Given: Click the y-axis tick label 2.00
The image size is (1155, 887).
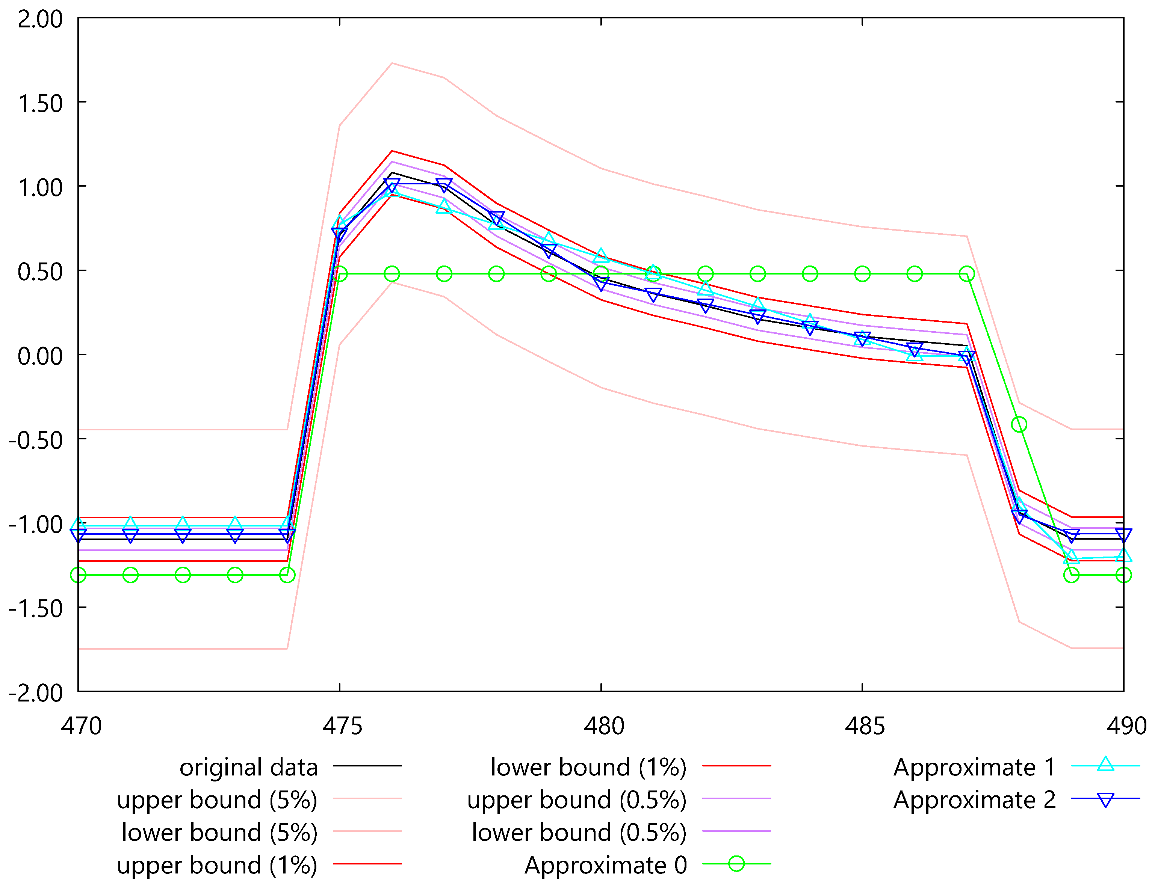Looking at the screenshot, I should coord(39,20).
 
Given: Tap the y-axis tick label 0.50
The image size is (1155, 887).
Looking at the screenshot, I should coord(39,272).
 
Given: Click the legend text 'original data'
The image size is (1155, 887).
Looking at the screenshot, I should coord(248,767).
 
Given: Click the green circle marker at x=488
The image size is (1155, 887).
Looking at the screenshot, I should coord(1019,424).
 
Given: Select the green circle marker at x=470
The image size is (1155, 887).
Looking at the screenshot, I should coord(78,575).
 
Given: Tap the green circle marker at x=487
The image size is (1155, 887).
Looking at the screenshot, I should coord(966,273).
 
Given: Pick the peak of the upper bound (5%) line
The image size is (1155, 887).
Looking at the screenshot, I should coord(392,63).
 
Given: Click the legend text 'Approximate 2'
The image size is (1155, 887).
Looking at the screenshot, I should coord(974,800).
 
